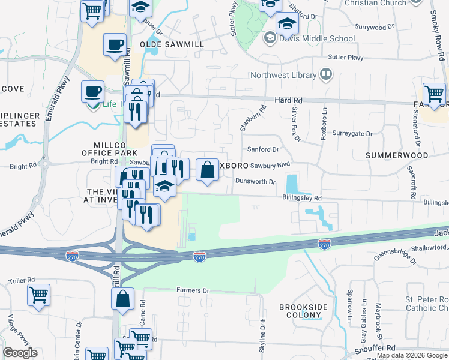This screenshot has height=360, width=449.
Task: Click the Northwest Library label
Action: click(x=283, y=76)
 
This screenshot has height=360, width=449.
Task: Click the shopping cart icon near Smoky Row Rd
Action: click(x=434, y=94)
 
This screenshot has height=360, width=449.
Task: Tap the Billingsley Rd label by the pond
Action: click(x=302, y=198)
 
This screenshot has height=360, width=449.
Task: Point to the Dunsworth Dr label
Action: click(x=255, y=181)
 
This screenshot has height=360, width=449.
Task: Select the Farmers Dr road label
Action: click(x=193, y=290)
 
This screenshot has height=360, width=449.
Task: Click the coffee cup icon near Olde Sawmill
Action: click(x=115, y=45)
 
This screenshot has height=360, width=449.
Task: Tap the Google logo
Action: click(x=20, y=353)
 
